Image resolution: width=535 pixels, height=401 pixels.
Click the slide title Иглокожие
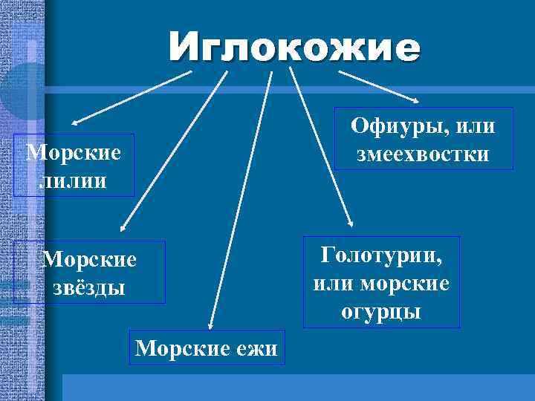coord(294,48)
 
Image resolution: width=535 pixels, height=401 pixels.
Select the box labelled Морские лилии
coord(74,165)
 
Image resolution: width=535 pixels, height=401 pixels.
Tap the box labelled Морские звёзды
coord(89,272)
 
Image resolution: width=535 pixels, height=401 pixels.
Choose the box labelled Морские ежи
coord(207,347)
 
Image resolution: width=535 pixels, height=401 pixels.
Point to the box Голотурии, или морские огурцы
coord(381,282)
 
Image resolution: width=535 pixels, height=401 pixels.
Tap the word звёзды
coord(89,286)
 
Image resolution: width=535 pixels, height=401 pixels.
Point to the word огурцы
coord(381,310)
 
